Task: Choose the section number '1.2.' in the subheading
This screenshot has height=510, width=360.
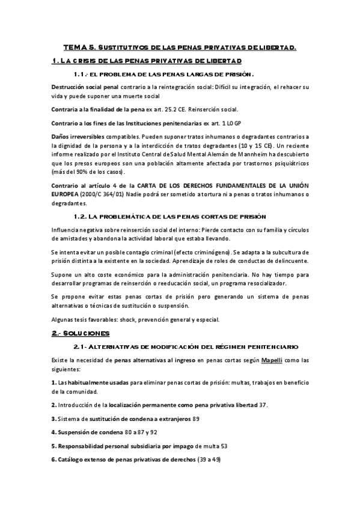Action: pyautogui.click(x=82, y=215)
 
